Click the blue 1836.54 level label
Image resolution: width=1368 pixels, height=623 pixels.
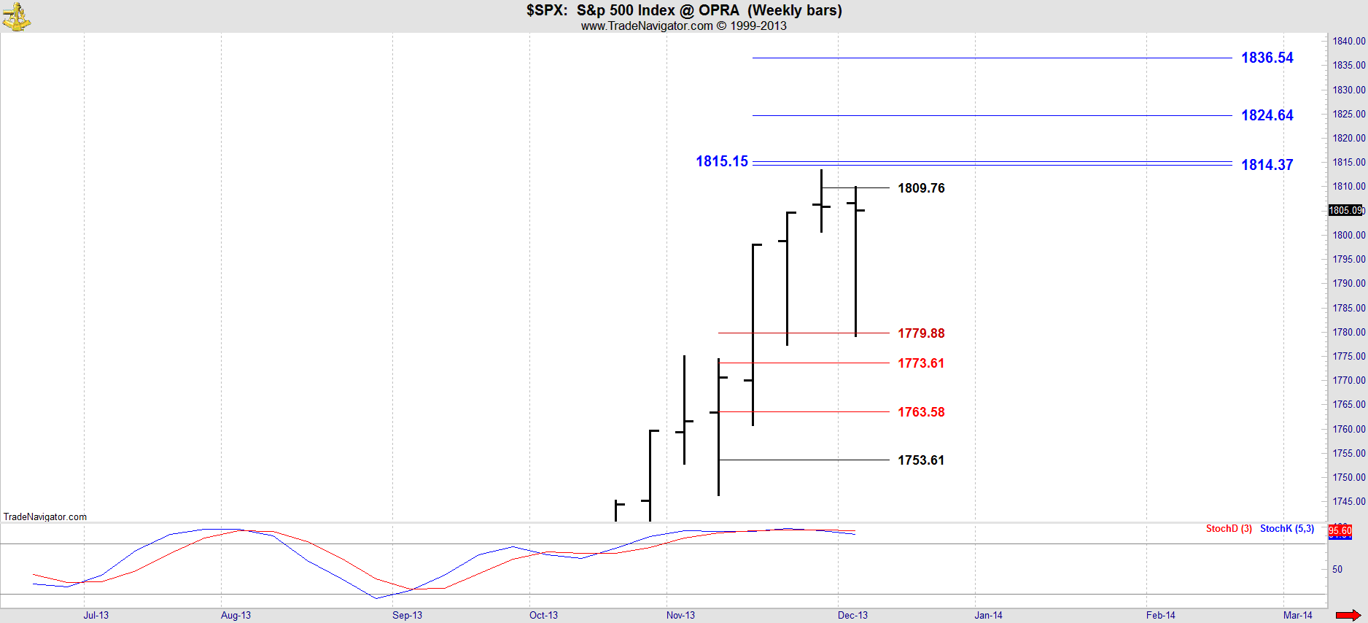pyautogui.click(x=1267, y=58)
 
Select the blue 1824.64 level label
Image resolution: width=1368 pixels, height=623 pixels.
pyautogui.click(x=1267, y=115)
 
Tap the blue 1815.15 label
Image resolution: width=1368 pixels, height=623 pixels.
pyautogui.click(x=721, y=161)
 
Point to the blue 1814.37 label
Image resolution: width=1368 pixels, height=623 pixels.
pyautogui.click(x=1267, y=165)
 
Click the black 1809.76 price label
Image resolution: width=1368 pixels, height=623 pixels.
pyautogui.click(x=920, y=188)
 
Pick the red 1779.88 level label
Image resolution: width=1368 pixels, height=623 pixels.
pyautogui.click(x=920, y=333)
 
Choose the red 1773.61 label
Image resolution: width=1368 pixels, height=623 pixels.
pyautogui.click(x=920, y=363)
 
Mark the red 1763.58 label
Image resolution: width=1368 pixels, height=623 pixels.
pyautogui.click(x=920, y=412)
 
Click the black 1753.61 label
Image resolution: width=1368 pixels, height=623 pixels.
pyautogui.click(x=920, y=460)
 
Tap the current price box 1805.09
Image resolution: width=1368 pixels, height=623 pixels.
pyautogui.click(x=1345, y=210)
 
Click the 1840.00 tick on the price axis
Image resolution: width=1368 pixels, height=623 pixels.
pyautogui.click(x=1348, y=41)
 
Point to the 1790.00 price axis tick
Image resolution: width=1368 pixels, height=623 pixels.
pyautogui.click(x=1348, y=283)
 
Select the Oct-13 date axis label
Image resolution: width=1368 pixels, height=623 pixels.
pyautogui.click(x=543, y=615)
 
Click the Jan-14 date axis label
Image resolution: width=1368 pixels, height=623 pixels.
pyautogui.click(x=988, y=615)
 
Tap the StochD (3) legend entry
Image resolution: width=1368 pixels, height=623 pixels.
pyautogui.click(x=1229, y=529)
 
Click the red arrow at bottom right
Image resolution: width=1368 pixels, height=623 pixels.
pyautogui.click(x=1348, y=615)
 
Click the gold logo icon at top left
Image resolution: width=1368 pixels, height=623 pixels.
pyautogui.click(x=15, y=16)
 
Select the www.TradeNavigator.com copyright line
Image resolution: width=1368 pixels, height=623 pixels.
pyautogui.click(x=683, y=26)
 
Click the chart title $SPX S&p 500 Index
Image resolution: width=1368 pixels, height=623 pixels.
pyautogui.click(x=683, y=10)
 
